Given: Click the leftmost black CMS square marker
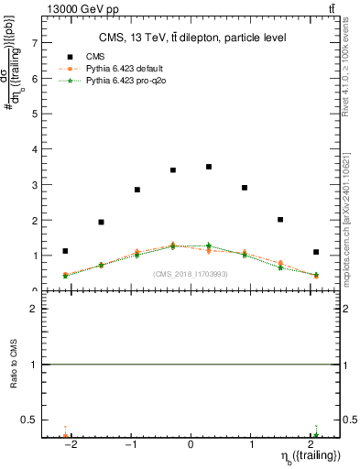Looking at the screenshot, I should point(65,251).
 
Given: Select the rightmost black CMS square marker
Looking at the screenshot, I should point(316,252).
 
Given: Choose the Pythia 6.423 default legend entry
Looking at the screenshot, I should point(119,69).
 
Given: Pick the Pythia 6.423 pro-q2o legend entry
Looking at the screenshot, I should point(119,81).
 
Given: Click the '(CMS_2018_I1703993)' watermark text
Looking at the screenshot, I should point(191,274).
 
